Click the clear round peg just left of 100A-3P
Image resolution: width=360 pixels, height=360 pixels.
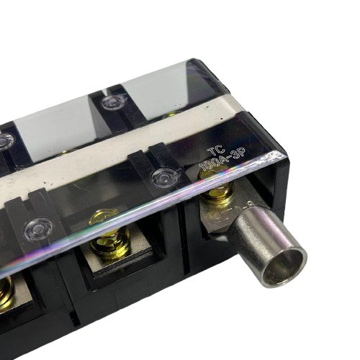click(x=165, y=176)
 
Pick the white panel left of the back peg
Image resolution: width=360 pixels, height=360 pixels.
click(x=54, y=133)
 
